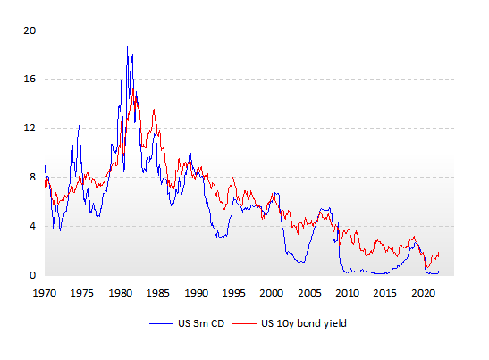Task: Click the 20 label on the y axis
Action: (x=30, y=30)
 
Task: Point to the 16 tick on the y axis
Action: (x=30, y=79)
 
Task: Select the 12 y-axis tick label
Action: (x=30, y=128)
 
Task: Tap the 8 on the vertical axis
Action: (x=33, y=177)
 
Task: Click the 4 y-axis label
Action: (x=33, y=226)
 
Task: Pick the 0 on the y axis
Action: (x=33, y=275)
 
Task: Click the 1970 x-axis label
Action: (x=45, y=293)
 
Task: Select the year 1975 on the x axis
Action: (x=82, y=293)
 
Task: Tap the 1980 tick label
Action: (x=120, y=293)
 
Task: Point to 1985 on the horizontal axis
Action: (x=158, y=293)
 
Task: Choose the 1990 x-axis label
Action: (x=196, y=293)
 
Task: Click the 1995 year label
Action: (x=233, y=293)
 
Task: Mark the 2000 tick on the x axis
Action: (x=272, y=293)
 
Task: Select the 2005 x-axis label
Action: (x=309, y=293)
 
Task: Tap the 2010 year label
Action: (x=347, y=293)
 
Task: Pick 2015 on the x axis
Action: (x=384, y=293)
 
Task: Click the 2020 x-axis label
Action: (x=423, y=293)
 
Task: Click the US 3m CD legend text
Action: (x=201, y=323)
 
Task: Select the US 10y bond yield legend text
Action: (x=304, y=324)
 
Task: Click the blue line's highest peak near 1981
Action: (x=127, y=47)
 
